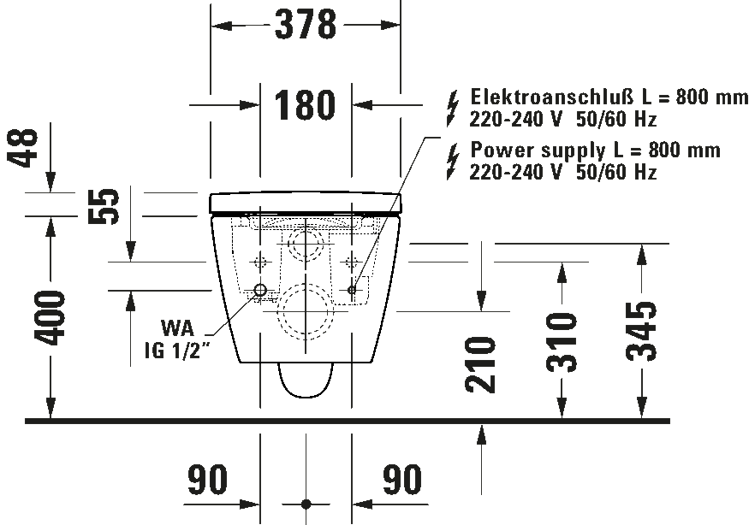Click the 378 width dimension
[x=306, y=24]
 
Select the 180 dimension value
[x=305, y=104]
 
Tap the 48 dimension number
[x=22, y=148]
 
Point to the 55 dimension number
[x=104, y=206]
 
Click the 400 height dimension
[x=49, y=317]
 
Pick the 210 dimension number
[x=480, y=364]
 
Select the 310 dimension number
[x=562, y=342]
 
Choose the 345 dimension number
[x=641, y=331]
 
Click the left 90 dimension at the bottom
[x=207, y=479]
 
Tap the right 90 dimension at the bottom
[x=401, y=479]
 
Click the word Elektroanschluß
[x=552, y=97]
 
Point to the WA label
[x=178, y=328]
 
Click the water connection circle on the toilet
[x=260, y=289]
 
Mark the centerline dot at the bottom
[x=306, y=504]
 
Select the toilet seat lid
[x=306, y=203]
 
